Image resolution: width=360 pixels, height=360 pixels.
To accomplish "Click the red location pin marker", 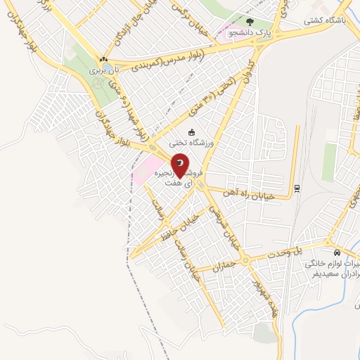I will [180, 165].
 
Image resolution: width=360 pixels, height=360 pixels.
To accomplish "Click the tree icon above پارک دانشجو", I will [250, 22].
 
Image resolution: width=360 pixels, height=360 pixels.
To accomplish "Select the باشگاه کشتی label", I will [322, 20].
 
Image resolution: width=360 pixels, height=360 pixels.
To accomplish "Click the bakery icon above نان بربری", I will [103, 60].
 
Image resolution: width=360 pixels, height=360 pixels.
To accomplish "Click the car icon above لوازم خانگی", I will [337, 252].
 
